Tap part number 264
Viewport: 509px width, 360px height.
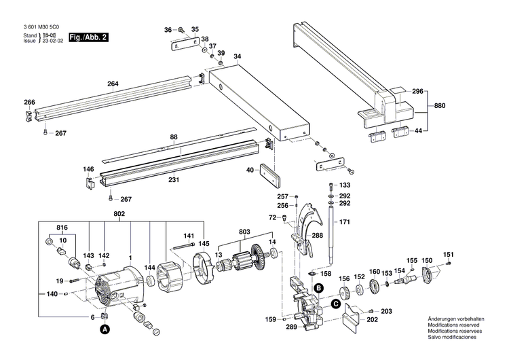click(113, 84)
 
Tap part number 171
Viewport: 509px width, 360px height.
click(345, 223)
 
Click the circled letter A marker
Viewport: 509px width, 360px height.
click(105, 329)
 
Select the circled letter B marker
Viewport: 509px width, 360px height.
click(318, 289)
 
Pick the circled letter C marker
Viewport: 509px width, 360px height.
click(335, 304)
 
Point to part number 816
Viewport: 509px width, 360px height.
click(62, 228)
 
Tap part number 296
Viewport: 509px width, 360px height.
click(417, 90)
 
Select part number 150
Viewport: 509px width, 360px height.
click(427, 260)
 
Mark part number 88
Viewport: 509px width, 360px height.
click(174, 138)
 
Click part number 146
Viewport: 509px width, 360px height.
click(89, 169)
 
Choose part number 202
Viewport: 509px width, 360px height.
click(372, 319)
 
